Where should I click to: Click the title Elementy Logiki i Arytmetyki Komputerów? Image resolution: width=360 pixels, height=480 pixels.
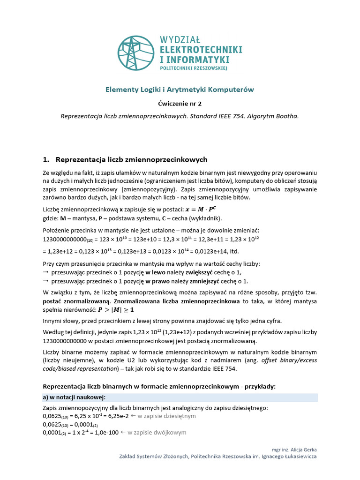(x=180, y=89)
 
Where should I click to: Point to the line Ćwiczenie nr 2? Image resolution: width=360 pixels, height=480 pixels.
(x=180, y=103)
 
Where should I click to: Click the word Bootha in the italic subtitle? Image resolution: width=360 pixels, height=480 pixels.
(x=287, y=116)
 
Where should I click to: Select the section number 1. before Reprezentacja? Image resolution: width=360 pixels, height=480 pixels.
(x=46, y=159)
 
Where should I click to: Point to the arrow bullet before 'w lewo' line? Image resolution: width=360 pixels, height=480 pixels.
(x=46, y=272)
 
